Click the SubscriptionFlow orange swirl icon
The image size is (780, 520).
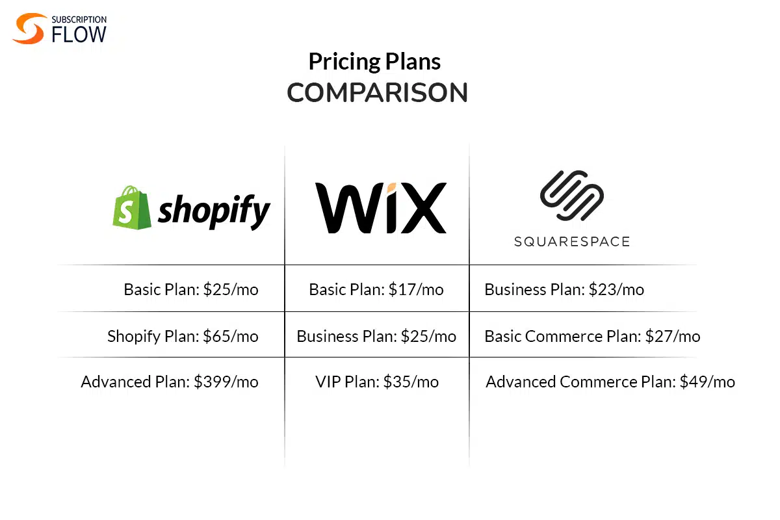(x=29, y=29)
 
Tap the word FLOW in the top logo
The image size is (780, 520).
(x=79, y=34)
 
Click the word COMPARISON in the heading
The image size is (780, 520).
(x=377, y=93)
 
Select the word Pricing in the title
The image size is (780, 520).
(x=344, y=62)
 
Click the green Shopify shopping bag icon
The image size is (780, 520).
(x=131, y=207)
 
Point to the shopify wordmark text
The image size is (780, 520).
(x=214, y=211)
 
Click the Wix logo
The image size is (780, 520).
(x=381, y=207)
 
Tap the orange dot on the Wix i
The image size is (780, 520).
(x=391, y=188)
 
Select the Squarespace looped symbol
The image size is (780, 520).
(x=572, y=196)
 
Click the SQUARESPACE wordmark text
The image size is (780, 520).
(x=572, y=241)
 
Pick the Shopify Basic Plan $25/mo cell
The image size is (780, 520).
(x=191, y=289)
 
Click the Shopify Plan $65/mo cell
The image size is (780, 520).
(x=183, y=336)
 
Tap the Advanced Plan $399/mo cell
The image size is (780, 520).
(x=170, y=382)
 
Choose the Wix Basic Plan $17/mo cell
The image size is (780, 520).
(x=376, y=289)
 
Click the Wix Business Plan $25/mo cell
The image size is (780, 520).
(x=376, y=336)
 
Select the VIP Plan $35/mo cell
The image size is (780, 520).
(x=377, y=382)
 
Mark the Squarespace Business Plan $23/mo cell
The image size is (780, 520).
(x=564, y=289)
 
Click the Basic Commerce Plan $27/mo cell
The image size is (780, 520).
(x=592, y=336)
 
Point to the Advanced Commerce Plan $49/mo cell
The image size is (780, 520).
(x=610, y=382)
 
